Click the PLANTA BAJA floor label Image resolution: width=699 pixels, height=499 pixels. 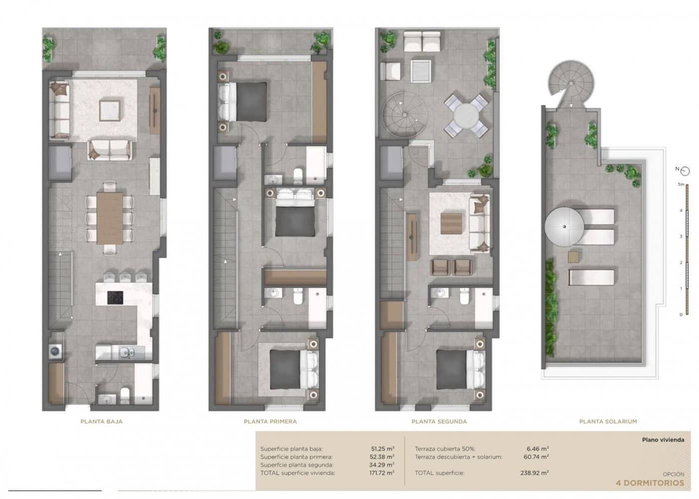coord(101,422)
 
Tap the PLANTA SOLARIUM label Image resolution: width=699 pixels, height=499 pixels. coord(608,422)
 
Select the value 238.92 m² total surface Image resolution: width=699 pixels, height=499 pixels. coord(537,473)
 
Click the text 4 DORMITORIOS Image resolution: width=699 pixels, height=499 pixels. coord(650,483)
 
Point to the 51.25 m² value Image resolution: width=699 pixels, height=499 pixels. coord(383,449)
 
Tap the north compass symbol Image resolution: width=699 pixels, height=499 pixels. coord(685,170)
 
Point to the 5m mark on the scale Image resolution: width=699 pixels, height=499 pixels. coord(681,184)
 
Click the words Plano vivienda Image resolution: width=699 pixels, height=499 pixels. coord(663,440)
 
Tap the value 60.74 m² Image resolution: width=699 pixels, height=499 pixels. coord(537,457)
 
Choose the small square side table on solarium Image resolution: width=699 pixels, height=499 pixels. coord(574,257)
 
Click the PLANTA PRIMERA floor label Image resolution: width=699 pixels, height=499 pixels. coord(270,422)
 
